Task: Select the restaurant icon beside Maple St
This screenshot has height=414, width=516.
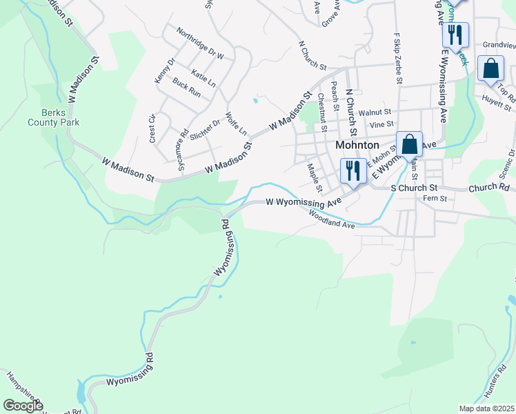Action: coord(353,171)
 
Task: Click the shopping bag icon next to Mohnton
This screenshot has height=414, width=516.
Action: coord(409,144)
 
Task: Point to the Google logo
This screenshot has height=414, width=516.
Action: coord(23,406)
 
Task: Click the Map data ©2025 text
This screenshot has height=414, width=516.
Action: coord(486,408)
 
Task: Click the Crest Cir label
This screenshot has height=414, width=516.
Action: coord(152,128)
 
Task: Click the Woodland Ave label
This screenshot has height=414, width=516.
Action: coord(333,220)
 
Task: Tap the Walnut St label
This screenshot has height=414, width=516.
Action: coord(379,111)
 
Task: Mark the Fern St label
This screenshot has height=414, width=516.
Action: coord(439,199)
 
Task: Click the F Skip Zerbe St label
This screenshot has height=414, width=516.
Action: coord(398,58)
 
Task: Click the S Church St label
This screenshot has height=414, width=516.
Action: coord(414,188)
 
